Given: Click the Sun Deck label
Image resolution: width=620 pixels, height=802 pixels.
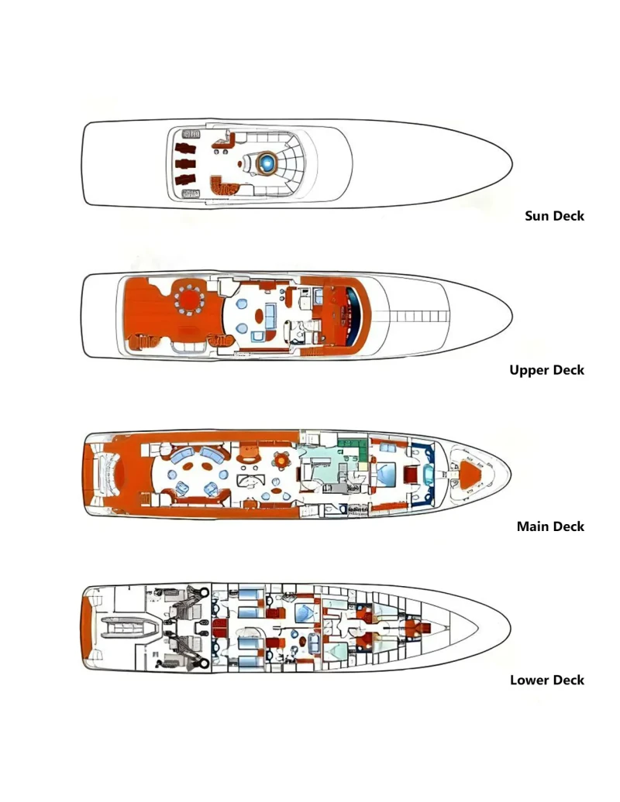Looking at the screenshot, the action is click(x=554, y=216).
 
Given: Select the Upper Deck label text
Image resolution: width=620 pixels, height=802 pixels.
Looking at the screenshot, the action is click(x=547, y=370).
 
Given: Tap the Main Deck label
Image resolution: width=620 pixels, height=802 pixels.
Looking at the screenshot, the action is click(x=550, y=526).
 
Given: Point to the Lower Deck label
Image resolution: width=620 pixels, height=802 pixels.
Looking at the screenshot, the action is click(x=547, y=680).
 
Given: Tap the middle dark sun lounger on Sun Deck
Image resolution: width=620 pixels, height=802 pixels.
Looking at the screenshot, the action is click(x=184, y=164).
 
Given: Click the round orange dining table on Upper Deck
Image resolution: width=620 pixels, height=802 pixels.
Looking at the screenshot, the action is click(x=189, y=297).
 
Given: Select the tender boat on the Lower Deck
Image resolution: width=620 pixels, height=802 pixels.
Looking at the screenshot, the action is click(x=132, y=627).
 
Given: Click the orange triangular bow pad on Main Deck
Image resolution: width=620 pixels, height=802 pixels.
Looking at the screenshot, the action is click(x=470, y=472).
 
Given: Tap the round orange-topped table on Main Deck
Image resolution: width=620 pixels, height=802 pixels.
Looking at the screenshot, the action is click(x=281, y=460).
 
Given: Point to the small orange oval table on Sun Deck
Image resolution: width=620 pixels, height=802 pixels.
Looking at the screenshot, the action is click(x=239, y=163).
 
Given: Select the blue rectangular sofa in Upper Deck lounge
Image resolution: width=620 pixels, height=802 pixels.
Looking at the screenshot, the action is click(x=270, y=315).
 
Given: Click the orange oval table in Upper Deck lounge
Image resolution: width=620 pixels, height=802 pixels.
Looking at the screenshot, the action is click(x=259, y=317).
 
